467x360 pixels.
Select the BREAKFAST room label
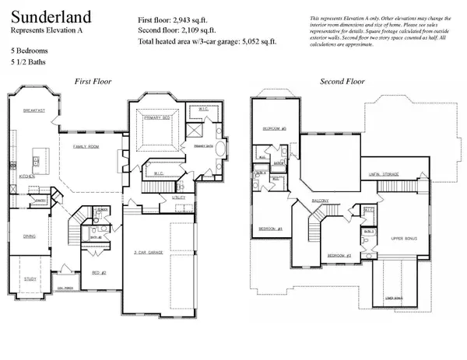click(34, 111)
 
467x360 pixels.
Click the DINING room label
click(29, 236)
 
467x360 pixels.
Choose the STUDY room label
click(29, 278)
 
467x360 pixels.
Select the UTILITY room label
click(178, 198)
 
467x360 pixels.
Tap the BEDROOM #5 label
click(275, 128)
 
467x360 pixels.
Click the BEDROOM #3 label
click(339, 255)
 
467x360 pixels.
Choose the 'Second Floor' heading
click(343, 81)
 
